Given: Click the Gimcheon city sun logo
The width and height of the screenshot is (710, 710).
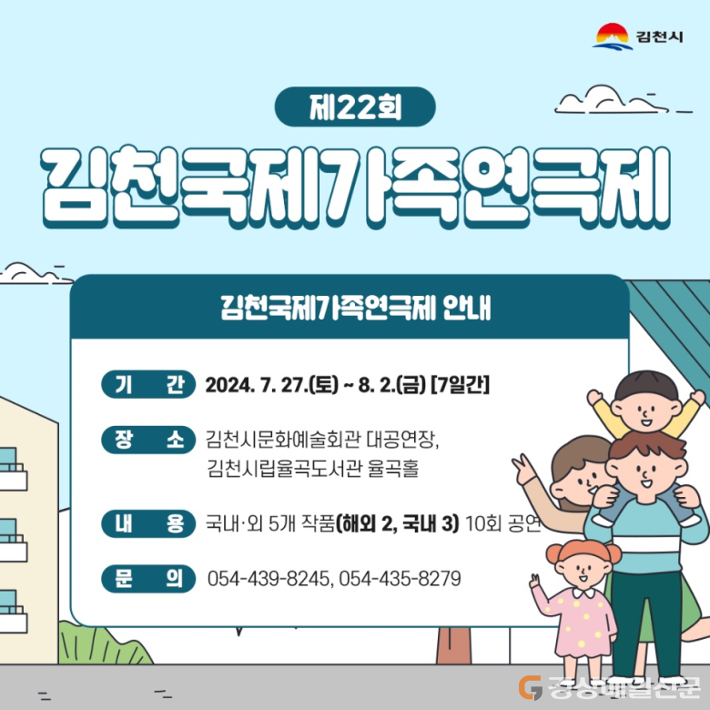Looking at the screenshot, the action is point(613,35).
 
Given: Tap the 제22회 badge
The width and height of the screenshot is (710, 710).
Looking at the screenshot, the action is point(355,106).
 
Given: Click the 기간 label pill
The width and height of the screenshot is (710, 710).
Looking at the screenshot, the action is point(148,384).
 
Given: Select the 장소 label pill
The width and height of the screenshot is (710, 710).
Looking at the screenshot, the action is point(148,440).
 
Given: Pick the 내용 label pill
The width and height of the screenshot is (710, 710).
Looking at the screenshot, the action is point(148,523).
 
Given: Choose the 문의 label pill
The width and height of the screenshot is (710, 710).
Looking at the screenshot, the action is point(148,579).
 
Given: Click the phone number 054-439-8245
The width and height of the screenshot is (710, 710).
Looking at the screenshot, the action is point(268,579).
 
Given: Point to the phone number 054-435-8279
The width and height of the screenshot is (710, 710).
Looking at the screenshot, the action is point(400,579).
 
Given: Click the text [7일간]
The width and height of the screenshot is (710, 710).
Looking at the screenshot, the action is point(460,385).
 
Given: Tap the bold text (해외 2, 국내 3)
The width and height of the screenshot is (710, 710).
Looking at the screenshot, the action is point(397,523).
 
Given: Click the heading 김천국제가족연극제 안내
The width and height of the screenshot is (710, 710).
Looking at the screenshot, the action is point(355,308).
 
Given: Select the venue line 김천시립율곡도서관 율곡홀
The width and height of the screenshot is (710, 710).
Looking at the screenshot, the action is point(312,468).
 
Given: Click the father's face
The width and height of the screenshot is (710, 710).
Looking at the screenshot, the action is point(645,474).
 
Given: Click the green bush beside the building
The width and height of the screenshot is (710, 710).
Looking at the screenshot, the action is point(103,644).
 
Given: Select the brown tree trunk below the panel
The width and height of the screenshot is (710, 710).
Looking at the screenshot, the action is point(453,646).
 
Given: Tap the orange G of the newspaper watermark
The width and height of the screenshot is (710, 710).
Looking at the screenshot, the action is point(531,687).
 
